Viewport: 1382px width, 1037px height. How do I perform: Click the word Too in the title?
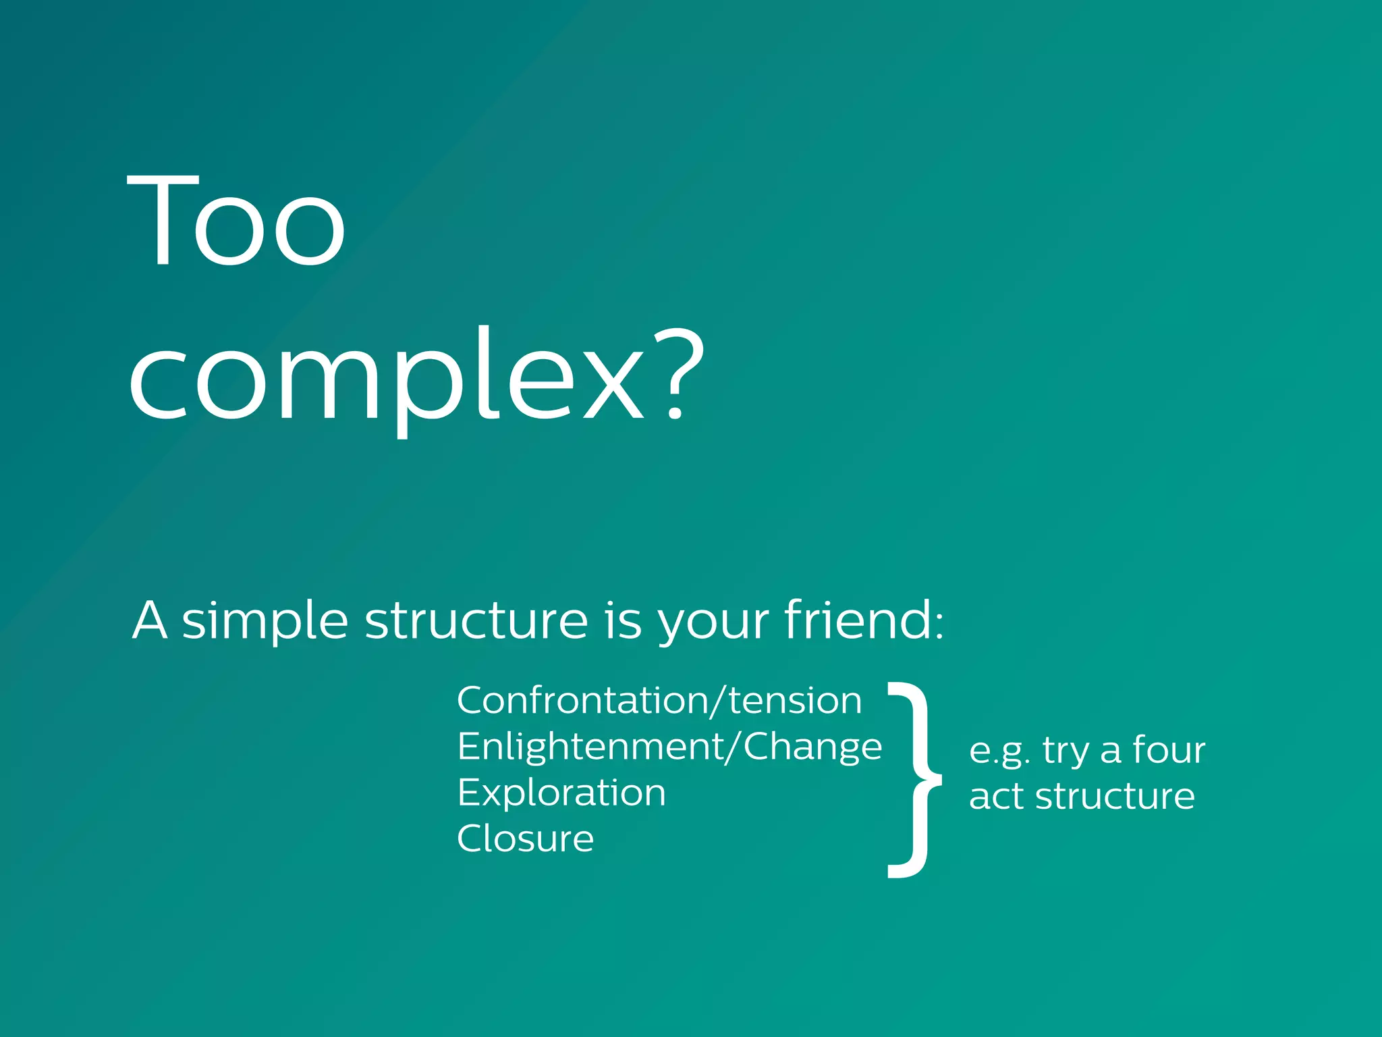(236, 220)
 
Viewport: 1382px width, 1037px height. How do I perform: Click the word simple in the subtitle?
(265, 621)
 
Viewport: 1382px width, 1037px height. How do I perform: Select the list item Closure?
(525, 839)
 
